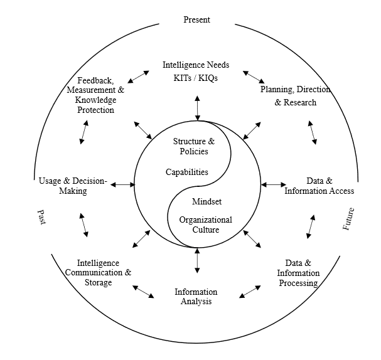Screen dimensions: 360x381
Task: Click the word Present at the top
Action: point(196,19)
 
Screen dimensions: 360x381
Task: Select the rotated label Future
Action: point(349,218)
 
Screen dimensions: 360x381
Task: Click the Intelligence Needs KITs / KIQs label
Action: point(196,71)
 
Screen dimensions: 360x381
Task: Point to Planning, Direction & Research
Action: point(295,96)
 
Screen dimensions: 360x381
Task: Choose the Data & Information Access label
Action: point(319,185)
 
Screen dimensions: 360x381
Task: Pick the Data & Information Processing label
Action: point(298,273)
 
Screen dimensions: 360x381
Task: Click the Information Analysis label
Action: point(196,297)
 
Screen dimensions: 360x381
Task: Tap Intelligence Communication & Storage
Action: point(99,273)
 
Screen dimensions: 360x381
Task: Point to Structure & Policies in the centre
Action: point(194,146)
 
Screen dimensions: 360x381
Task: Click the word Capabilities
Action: point(187,172)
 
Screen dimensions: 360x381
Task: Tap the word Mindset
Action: point(207,202)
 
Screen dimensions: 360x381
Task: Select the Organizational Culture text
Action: point(205,225)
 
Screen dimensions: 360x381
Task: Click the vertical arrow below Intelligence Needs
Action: point(198,108)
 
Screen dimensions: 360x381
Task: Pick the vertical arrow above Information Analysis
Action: point(198,261)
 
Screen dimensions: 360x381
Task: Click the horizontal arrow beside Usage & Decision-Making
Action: point(124,184)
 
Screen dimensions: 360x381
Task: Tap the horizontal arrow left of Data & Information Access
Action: point(273,184)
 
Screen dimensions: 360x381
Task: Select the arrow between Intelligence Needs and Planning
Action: point(254,77)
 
